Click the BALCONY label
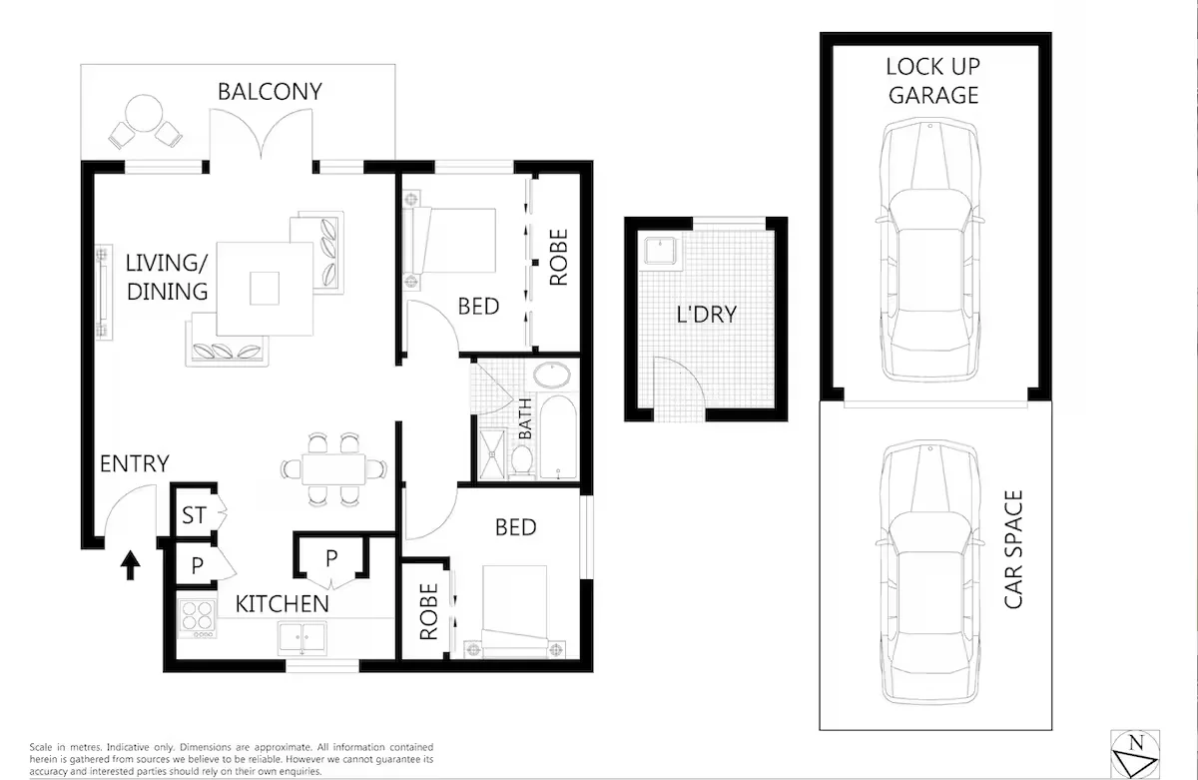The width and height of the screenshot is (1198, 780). [270, 92]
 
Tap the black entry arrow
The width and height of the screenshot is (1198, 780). [129, 566]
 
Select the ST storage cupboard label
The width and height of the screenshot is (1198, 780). [194, 516]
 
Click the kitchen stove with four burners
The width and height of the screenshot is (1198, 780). [197, 617]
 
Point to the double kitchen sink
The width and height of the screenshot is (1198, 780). [301, 636]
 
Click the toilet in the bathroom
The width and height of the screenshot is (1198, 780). [520, 460]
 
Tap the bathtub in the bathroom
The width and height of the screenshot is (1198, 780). [555, 437]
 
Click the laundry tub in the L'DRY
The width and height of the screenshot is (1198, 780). [660, 250]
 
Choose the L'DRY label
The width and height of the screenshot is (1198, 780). [706, 315]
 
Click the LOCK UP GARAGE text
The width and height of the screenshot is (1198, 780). [933, 81]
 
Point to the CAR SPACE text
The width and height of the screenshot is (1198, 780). [1013, 549]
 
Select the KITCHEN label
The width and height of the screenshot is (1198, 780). [282, 604]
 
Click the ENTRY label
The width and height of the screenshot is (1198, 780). [134, 463]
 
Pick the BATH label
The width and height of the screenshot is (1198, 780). [525, 418]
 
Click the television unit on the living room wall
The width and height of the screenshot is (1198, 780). [101, 292]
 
